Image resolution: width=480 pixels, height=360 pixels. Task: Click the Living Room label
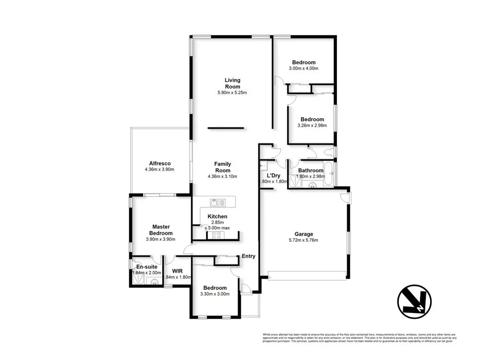[x=232, y=83]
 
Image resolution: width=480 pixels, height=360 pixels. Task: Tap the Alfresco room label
[x=159, y=163]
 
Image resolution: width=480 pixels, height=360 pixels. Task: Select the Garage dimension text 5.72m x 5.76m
[x=303, y=240]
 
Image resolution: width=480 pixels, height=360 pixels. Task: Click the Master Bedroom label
[x=161, y=230]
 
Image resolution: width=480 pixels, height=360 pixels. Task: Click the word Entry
[x=249, y=256]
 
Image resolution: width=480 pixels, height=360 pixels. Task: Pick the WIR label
[x=178, y=271]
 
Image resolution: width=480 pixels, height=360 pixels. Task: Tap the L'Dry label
[x=274, y=175]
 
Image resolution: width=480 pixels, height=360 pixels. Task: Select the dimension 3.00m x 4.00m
[x=304, y=68]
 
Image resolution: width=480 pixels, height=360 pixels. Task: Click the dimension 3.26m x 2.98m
[x=312, y=126]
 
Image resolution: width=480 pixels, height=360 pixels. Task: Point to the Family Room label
[x=223, y=167]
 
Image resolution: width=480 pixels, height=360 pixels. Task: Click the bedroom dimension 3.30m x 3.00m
[x=215, y=294]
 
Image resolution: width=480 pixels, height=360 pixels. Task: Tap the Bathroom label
[x=311, y=170]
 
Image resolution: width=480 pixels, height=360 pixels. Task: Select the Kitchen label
[x=217, y=216]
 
